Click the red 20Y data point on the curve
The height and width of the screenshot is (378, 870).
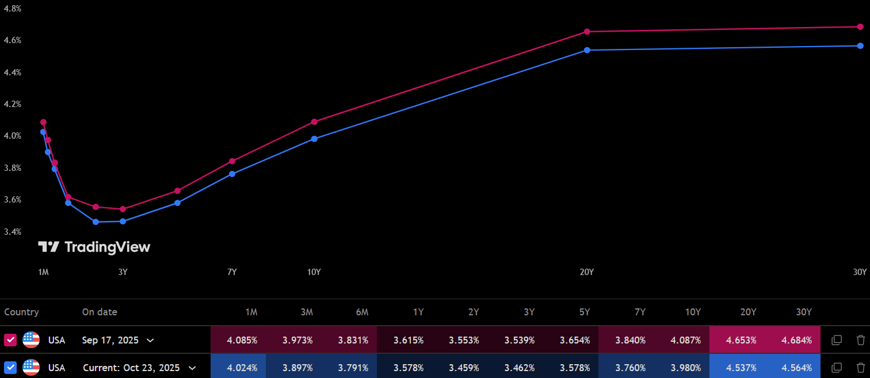point(587,32)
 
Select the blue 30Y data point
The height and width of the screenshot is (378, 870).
point(860,45)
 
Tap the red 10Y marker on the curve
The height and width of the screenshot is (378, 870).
point(314,121)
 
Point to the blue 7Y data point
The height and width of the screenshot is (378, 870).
point(232,174)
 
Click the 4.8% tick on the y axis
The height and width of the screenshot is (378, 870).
point(12,9)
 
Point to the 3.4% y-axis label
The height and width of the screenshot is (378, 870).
point(12,232)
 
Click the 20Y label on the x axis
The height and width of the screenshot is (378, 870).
point(586,272)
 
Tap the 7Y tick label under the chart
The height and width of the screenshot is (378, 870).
point(232,272)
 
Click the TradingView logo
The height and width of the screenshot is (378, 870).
point(94,247)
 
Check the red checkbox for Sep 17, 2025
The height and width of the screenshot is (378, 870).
point(10,340)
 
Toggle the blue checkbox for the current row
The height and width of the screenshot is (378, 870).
point(10,368)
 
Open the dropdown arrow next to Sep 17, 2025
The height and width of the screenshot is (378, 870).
point(150,340)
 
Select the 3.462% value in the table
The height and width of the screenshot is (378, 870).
point(520,368)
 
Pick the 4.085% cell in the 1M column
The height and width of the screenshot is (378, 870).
point(242,340)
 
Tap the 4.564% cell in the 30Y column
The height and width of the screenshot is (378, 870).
point(797,368)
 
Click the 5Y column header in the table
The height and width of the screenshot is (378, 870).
point(585,312)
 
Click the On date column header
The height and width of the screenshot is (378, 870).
point(100,312)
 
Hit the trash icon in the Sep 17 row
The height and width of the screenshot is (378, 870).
point(860,340)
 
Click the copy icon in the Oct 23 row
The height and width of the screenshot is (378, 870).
point(837,368)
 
